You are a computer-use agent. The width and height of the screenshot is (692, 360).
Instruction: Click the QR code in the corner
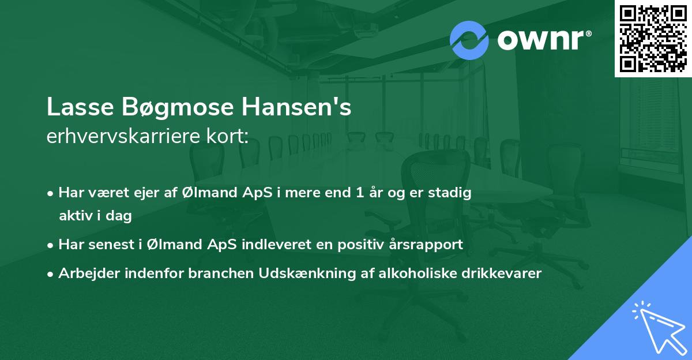tap(653, 38)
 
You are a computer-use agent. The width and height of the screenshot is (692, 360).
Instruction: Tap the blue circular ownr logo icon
tap(469, 40)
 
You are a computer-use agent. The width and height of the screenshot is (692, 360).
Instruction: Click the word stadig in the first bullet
tap(452, 193)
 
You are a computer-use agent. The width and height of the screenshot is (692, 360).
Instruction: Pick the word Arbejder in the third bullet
tap(84, 273)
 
